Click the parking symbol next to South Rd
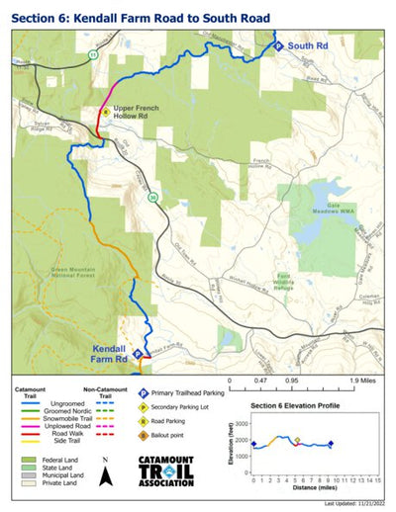[x=278, y=45]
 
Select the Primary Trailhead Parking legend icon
[x=144, y=392]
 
